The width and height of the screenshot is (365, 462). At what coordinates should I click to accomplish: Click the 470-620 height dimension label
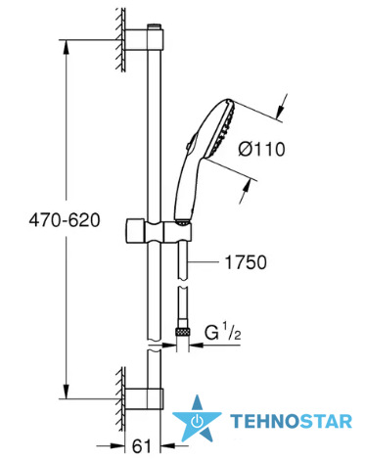point(65,220)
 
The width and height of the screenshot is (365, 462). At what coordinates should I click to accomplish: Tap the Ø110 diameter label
point(261,150)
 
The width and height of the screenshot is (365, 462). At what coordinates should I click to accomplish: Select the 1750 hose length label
point(246,262)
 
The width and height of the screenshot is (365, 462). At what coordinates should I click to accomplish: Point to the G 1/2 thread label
point(223,332)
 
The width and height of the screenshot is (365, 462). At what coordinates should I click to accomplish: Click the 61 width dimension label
point(142,445)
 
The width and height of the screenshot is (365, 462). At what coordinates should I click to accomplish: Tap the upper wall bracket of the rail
point(145,39)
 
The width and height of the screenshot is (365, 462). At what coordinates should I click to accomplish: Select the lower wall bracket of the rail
point(145,399)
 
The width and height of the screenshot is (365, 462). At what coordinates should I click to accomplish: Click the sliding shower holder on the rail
point(158,231)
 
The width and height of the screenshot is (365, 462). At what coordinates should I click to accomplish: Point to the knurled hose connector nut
point(182,333)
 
